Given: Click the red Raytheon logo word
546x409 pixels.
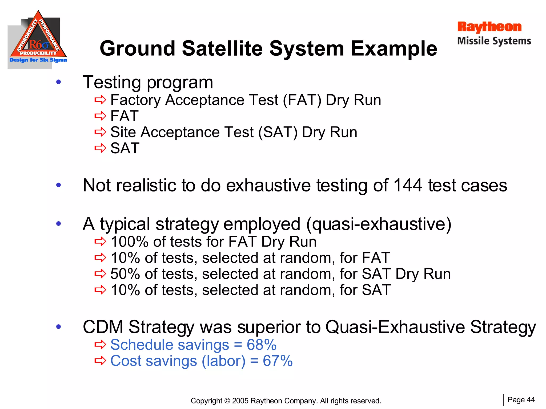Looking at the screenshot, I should [x=489, y=27].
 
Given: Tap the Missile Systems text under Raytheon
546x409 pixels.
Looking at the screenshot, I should [x=494, y=41].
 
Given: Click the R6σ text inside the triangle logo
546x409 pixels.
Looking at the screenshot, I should [x=39, y=44].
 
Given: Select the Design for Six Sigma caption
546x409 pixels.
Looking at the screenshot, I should [x=38, y=60].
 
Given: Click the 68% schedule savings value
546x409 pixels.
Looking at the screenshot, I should [x=262, y=345].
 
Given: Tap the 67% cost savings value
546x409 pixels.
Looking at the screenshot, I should [x=278, y=361].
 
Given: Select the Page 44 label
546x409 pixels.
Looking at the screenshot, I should [x=521, y=400].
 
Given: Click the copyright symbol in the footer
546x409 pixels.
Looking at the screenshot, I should [x=227, y=401].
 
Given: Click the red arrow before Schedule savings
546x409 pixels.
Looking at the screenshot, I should [x=100, y=345].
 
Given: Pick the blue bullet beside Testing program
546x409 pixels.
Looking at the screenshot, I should [x=59, y=82].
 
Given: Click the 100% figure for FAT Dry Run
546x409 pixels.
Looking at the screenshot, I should [x=129, y=242].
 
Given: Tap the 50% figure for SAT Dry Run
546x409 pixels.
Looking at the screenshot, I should [x=125, y=274].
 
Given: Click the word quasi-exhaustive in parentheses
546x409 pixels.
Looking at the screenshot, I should [x=379, y=224].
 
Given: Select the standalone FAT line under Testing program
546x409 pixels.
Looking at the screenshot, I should [x=124, y=116].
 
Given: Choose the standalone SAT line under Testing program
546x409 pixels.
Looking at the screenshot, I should [x=125, y=148].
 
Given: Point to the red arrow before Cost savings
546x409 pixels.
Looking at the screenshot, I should [x=100, y=361].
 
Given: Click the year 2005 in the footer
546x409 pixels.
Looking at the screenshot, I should [x=240, y=401].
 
